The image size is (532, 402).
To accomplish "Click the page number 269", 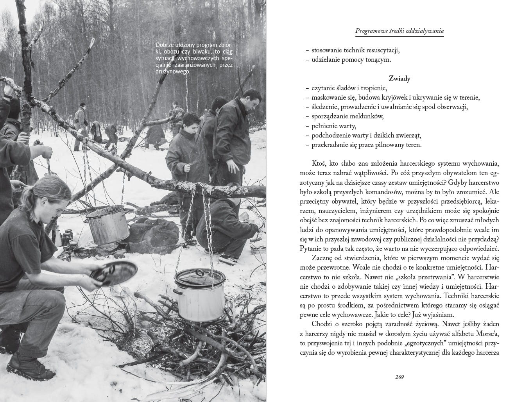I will pos(399,377).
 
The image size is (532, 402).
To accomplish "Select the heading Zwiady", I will pos(399,79).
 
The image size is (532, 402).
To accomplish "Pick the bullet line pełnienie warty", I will pos(334,126).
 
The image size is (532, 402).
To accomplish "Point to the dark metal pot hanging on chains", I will pos(107,225).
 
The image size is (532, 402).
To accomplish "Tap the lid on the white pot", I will pos(199,276).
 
